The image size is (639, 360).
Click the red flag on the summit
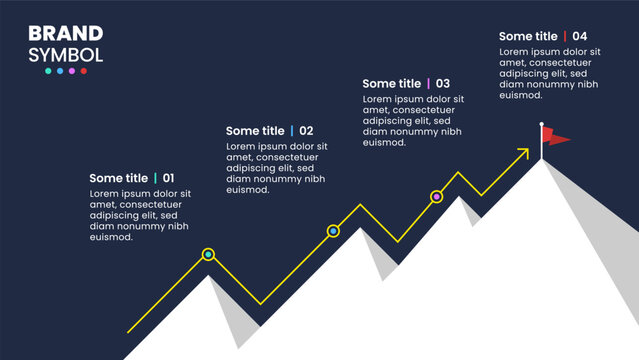(556, 136)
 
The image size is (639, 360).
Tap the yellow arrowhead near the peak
(523, 153)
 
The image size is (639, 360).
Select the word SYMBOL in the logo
(66, 55)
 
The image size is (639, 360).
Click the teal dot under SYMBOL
(48, 71)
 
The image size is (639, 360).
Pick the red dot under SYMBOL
(84, 71)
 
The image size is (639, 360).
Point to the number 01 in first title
(168, 178)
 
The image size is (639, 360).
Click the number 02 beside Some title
(306, 131)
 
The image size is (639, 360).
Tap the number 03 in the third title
(442, 84)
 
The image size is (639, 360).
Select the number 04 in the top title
(580, 37)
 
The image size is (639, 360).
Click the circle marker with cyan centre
(208, 255)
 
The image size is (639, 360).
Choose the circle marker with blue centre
(334, 231)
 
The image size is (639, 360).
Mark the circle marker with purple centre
(436, 197)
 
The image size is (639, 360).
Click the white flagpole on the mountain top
(542, 143)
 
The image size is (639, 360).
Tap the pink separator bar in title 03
(428, 84)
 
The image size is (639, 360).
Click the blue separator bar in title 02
(292, 131)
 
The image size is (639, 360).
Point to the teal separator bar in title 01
(155, 178)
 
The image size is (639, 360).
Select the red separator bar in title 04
(565, 37)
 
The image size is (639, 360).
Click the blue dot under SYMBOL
(60, 71)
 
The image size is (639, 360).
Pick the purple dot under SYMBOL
(72, 71)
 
